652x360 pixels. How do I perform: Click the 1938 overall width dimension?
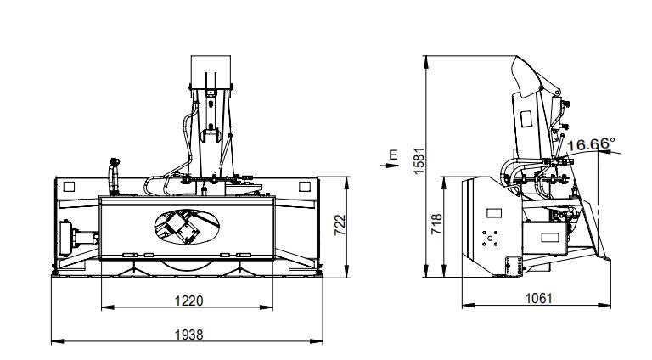pyautogui.click(x=188, y=335)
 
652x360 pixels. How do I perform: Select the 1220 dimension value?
pyautogui.click(x=188, y=300)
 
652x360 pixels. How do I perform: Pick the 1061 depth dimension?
pyautogui.click(x=538, y=298)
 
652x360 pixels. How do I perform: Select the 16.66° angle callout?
pyautogui.click(x=590, y=144)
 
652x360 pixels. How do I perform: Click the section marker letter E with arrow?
pyautogui.click(x=392, y=157)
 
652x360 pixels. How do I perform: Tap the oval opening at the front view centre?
pyautogui.click(x=188, y=224)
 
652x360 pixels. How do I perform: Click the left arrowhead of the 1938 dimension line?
pyautogui.click(x=54, y=341)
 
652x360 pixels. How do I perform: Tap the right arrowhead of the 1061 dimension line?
pyautogui.click(x=610, y=305)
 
